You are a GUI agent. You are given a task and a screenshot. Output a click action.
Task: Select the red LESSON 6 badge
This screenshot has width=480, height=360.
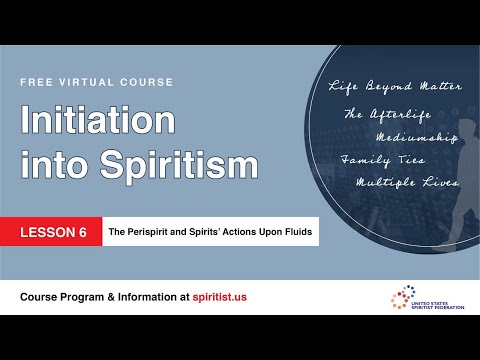61,232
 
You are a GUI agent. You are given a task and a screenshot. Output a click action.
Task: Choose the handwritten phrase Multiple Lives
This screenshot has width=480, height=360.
407,183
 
